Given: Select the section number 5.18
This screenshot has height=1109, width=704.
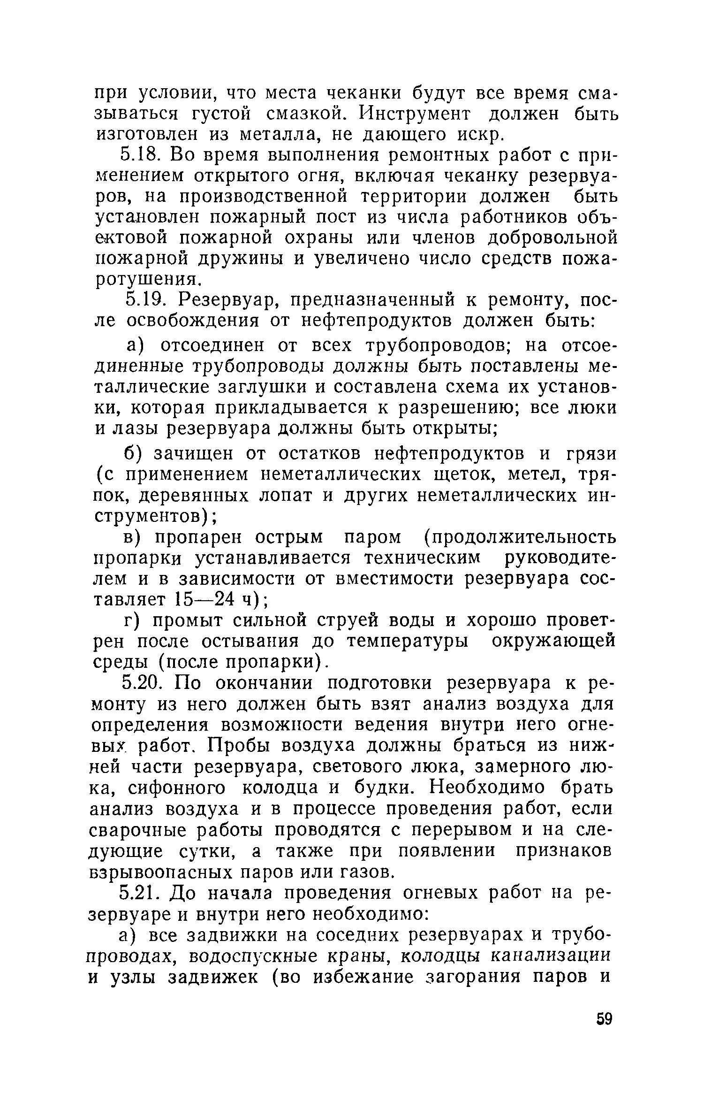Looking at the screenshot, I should [x=141, y=154].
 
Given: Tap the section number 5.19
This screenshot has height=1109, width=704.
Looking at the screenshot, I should [x=144, y=299].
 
